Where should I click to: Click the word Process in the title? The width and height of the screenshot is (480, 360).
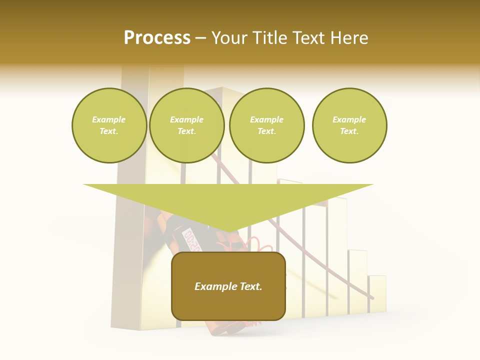157,37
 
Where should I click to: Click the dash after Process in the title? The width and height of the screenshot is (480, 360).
200,38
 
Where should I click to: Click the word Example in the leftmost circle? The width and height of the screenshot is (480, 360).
108,119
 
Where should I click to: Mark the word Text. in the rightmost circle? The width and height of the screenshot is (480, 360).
349,131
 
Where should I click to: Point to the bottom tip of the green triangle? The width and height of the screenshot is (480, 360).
228,231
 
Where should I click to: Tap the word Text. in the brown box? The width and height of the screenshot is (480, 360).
250,286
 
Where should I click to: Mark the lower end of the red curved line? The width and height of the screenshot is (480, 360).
371,298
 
